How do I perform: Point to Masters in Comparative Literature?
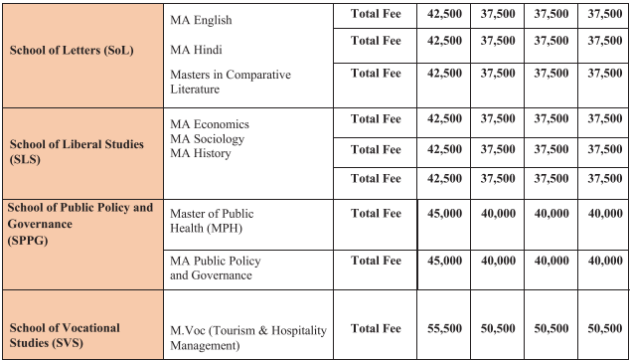pyautogui.click(x=231, y=83)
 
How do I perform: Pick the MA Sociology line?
pyautogui.click(x=207, y=139)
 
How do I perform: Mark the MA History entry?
pyautogui.click(x=201, y=154)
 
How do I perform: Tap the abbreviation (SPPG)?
pyautogui.click(x=32, y=240)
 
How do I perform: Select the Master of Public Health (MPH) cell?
pyautogui.click(x=212, y=221)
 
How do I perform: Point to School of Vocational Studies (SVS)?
pyautogui.click(x=65, y=334)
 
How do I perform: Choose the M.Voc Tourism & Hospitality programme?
pyautogui.click(x=247, y=338)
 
